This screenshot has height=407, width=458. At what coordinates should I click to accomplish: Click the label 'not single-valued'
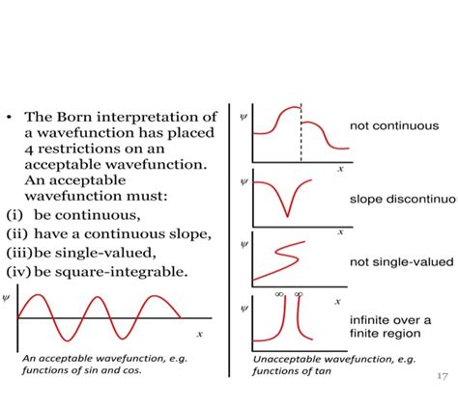(397, 262)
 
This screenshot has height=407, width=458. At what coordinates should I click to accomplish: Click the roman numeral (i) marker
(14, 214)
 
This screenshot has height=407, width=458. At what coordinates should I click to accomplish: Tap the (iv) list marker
(18, 271)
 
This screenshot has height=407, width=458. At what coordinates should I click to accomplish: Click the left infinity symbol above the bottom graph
(279, 293)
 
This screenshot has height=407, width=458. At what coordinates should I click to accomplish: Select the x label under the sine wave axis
(199, 334)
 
